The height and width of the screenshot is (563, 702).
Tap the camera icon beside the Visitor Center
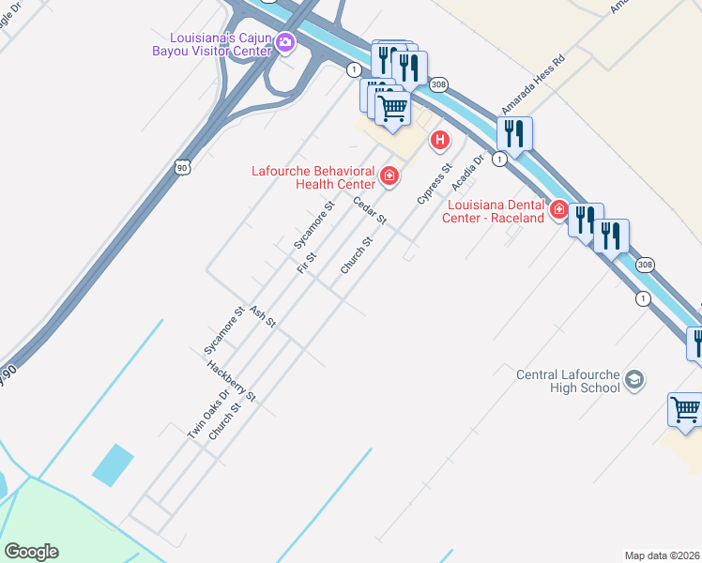[x=285, y=41]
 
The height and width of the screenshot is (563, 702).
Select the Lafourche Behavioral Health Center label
[x=313, y=176]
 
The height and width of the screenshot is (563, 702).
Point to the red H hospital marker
[x=438, y=142]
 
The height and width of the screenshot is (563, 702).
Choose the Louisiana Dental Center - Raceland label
[x=496, y=211]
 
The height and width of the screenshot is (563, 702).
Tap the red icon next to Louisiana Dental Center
[x=559, y=209]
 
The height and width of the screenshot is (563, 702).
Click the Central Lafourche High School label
[x=569, y=381]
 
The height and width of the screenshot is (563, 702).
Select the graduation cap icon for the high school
[x=634, y=379]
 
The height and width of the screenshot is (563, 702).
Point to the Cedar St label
[x=370, y=210]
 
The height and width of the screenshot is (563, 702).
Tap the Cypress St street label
[x=435, y=184]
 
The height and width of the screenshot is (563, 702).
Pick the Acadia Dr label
[x=466, y=172]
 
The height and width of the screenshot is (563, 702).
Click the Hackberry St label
[x=231, y=382]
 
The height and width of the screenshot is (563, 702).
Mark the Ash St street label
[x=263, y=316]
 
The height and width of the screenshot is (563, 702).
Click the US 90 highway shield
[x=181, y=167]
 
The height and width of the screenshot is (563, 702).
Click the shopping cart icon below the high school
[x=686, y=408]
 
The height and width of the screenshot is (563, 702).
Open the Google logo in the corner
[x=31, y=552]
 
